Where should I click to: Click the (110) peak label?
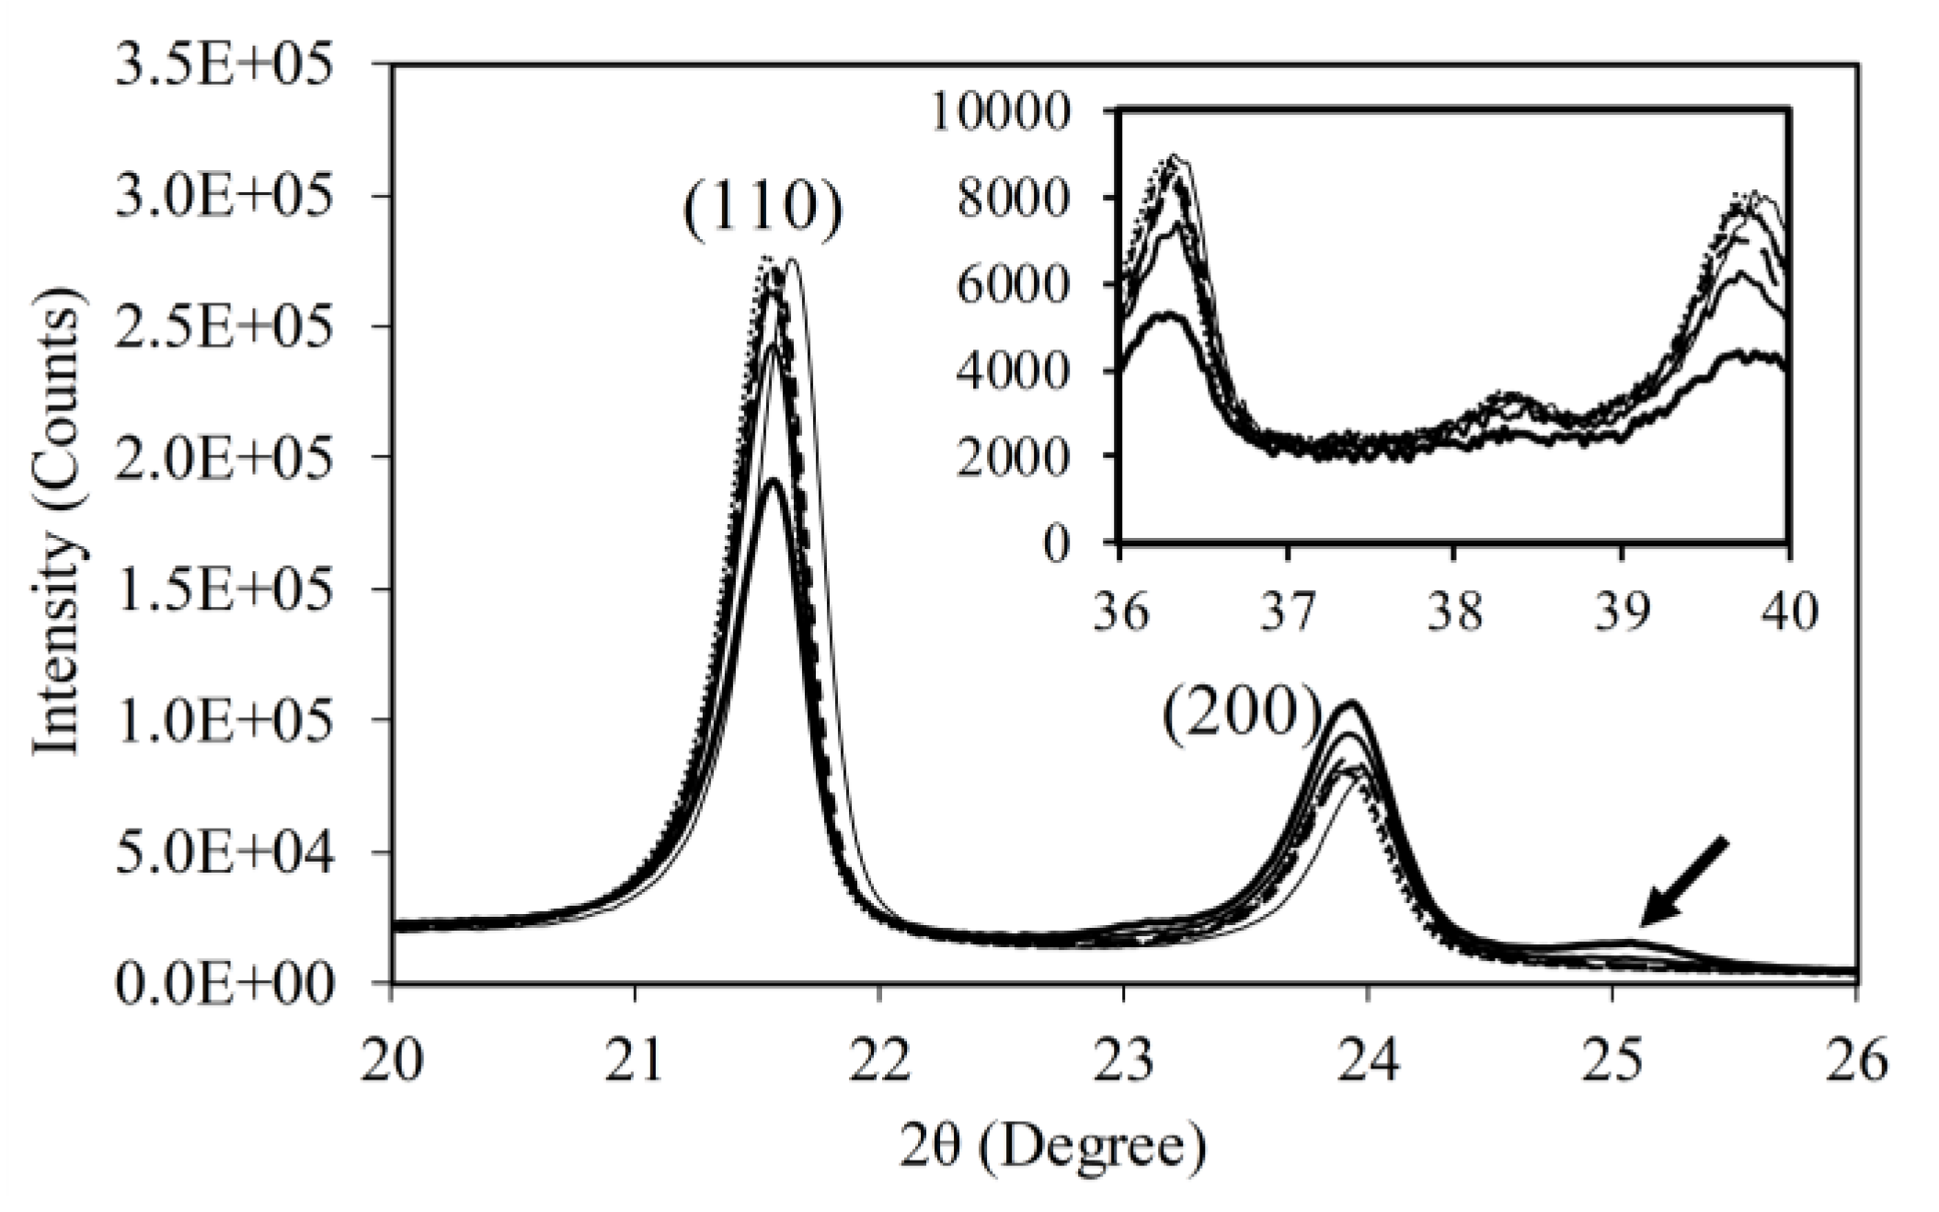[x=763, y=211]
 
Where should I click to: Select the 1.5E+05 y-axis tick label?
[x=222, y=589]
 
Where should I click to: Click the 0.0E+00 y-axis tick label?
[x=222, y=986]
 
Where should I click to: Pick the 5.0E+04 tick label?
[x=222, y=853]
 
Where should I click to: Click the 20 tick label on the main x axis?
[x=392, y=1060]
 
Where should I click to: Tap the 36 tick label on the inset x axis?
[x=1120, y=612]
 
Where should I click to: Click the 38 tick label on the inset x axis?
[x=1454, y=612]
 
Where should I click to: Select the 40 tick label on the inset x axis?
[x=1790, y=612]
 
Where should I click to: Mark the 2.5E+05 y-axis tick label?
[x=222, y=327]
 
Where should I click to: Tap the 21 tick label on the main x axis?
[x=636, y=1060]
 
